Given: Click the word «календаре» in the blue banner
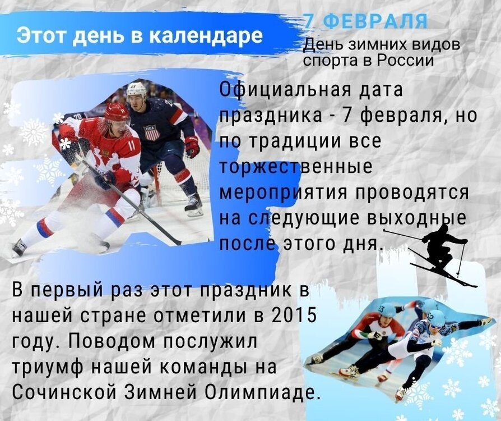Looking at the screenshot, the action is click(206, 35).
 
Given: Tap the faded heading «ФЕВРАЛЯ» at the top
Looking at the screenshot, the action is click(375, 22).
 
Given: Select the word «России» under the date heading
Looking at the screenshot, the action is click(406, 60).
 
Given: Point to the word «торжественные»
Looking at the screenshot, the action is click(296, 167).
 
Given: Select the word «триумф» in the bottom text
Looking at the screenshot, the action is click(47, 368).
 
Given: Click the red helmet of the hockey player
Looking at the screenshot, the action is click(117, 112).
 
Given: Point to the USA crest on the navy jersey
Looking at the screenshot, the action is click(152, 132).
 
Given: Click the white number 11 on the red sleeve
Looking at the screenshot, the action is click(132, 147).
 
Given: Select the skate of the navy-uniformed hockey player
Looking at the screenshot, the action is click(194, 205).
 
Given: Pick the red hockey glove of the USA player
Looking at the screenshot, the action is click(192, 147).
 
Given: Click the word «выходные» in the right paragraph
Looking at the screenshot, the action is click(416, 219).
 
